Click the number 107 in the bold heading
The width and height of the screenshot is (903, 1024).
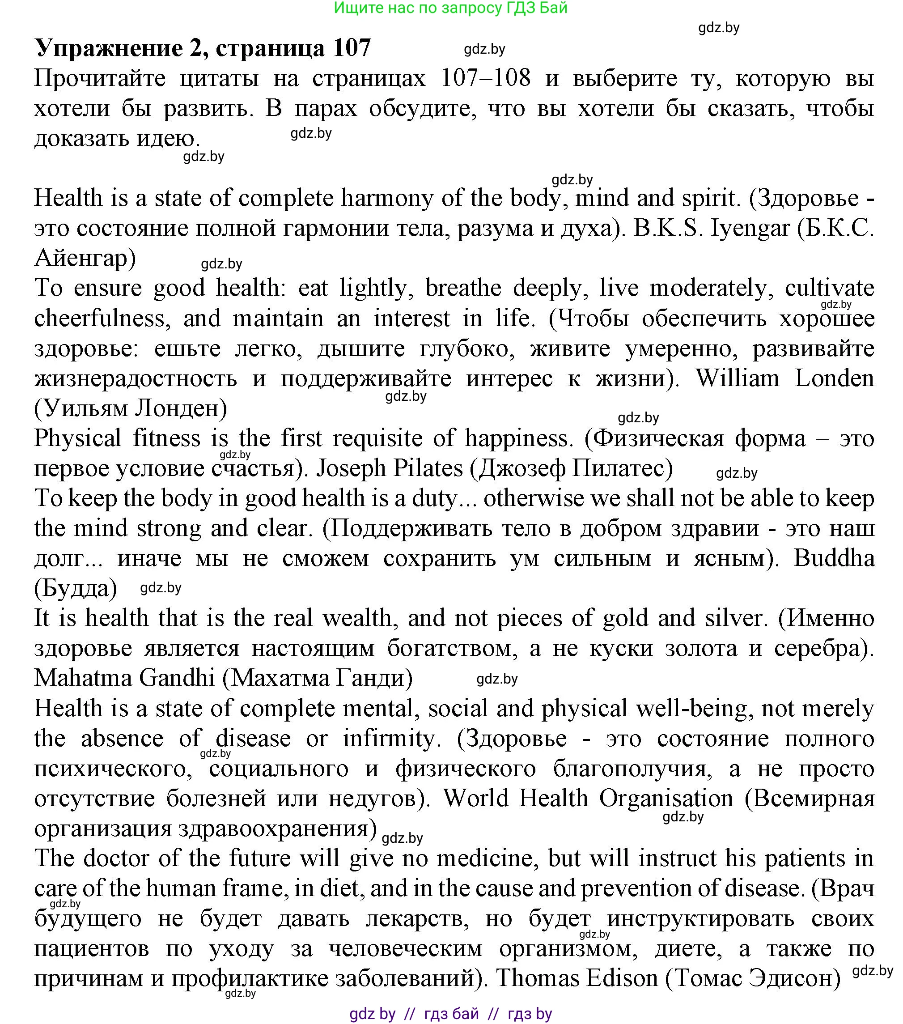pyautogui.click(x=351, y=49)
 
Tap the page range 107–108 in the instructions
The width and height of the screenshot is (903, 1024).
pyautogui.click(x=485, y=79)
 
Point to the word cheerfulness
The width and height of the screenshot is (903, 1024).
pyautogui.click(x=99, y=319)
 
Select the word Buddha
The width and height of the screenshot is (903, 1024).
pyautogui.click(x=834, y=558)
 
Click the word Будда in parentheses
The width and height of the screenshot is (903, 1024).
pyautogui.click(x=76, y=589)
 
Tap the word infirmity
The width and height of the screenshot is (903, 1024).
pyautogui.click(x=389, y=739)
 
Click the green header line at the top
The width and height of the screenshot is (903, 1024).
pyautogui.click(x=450, y=8)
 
